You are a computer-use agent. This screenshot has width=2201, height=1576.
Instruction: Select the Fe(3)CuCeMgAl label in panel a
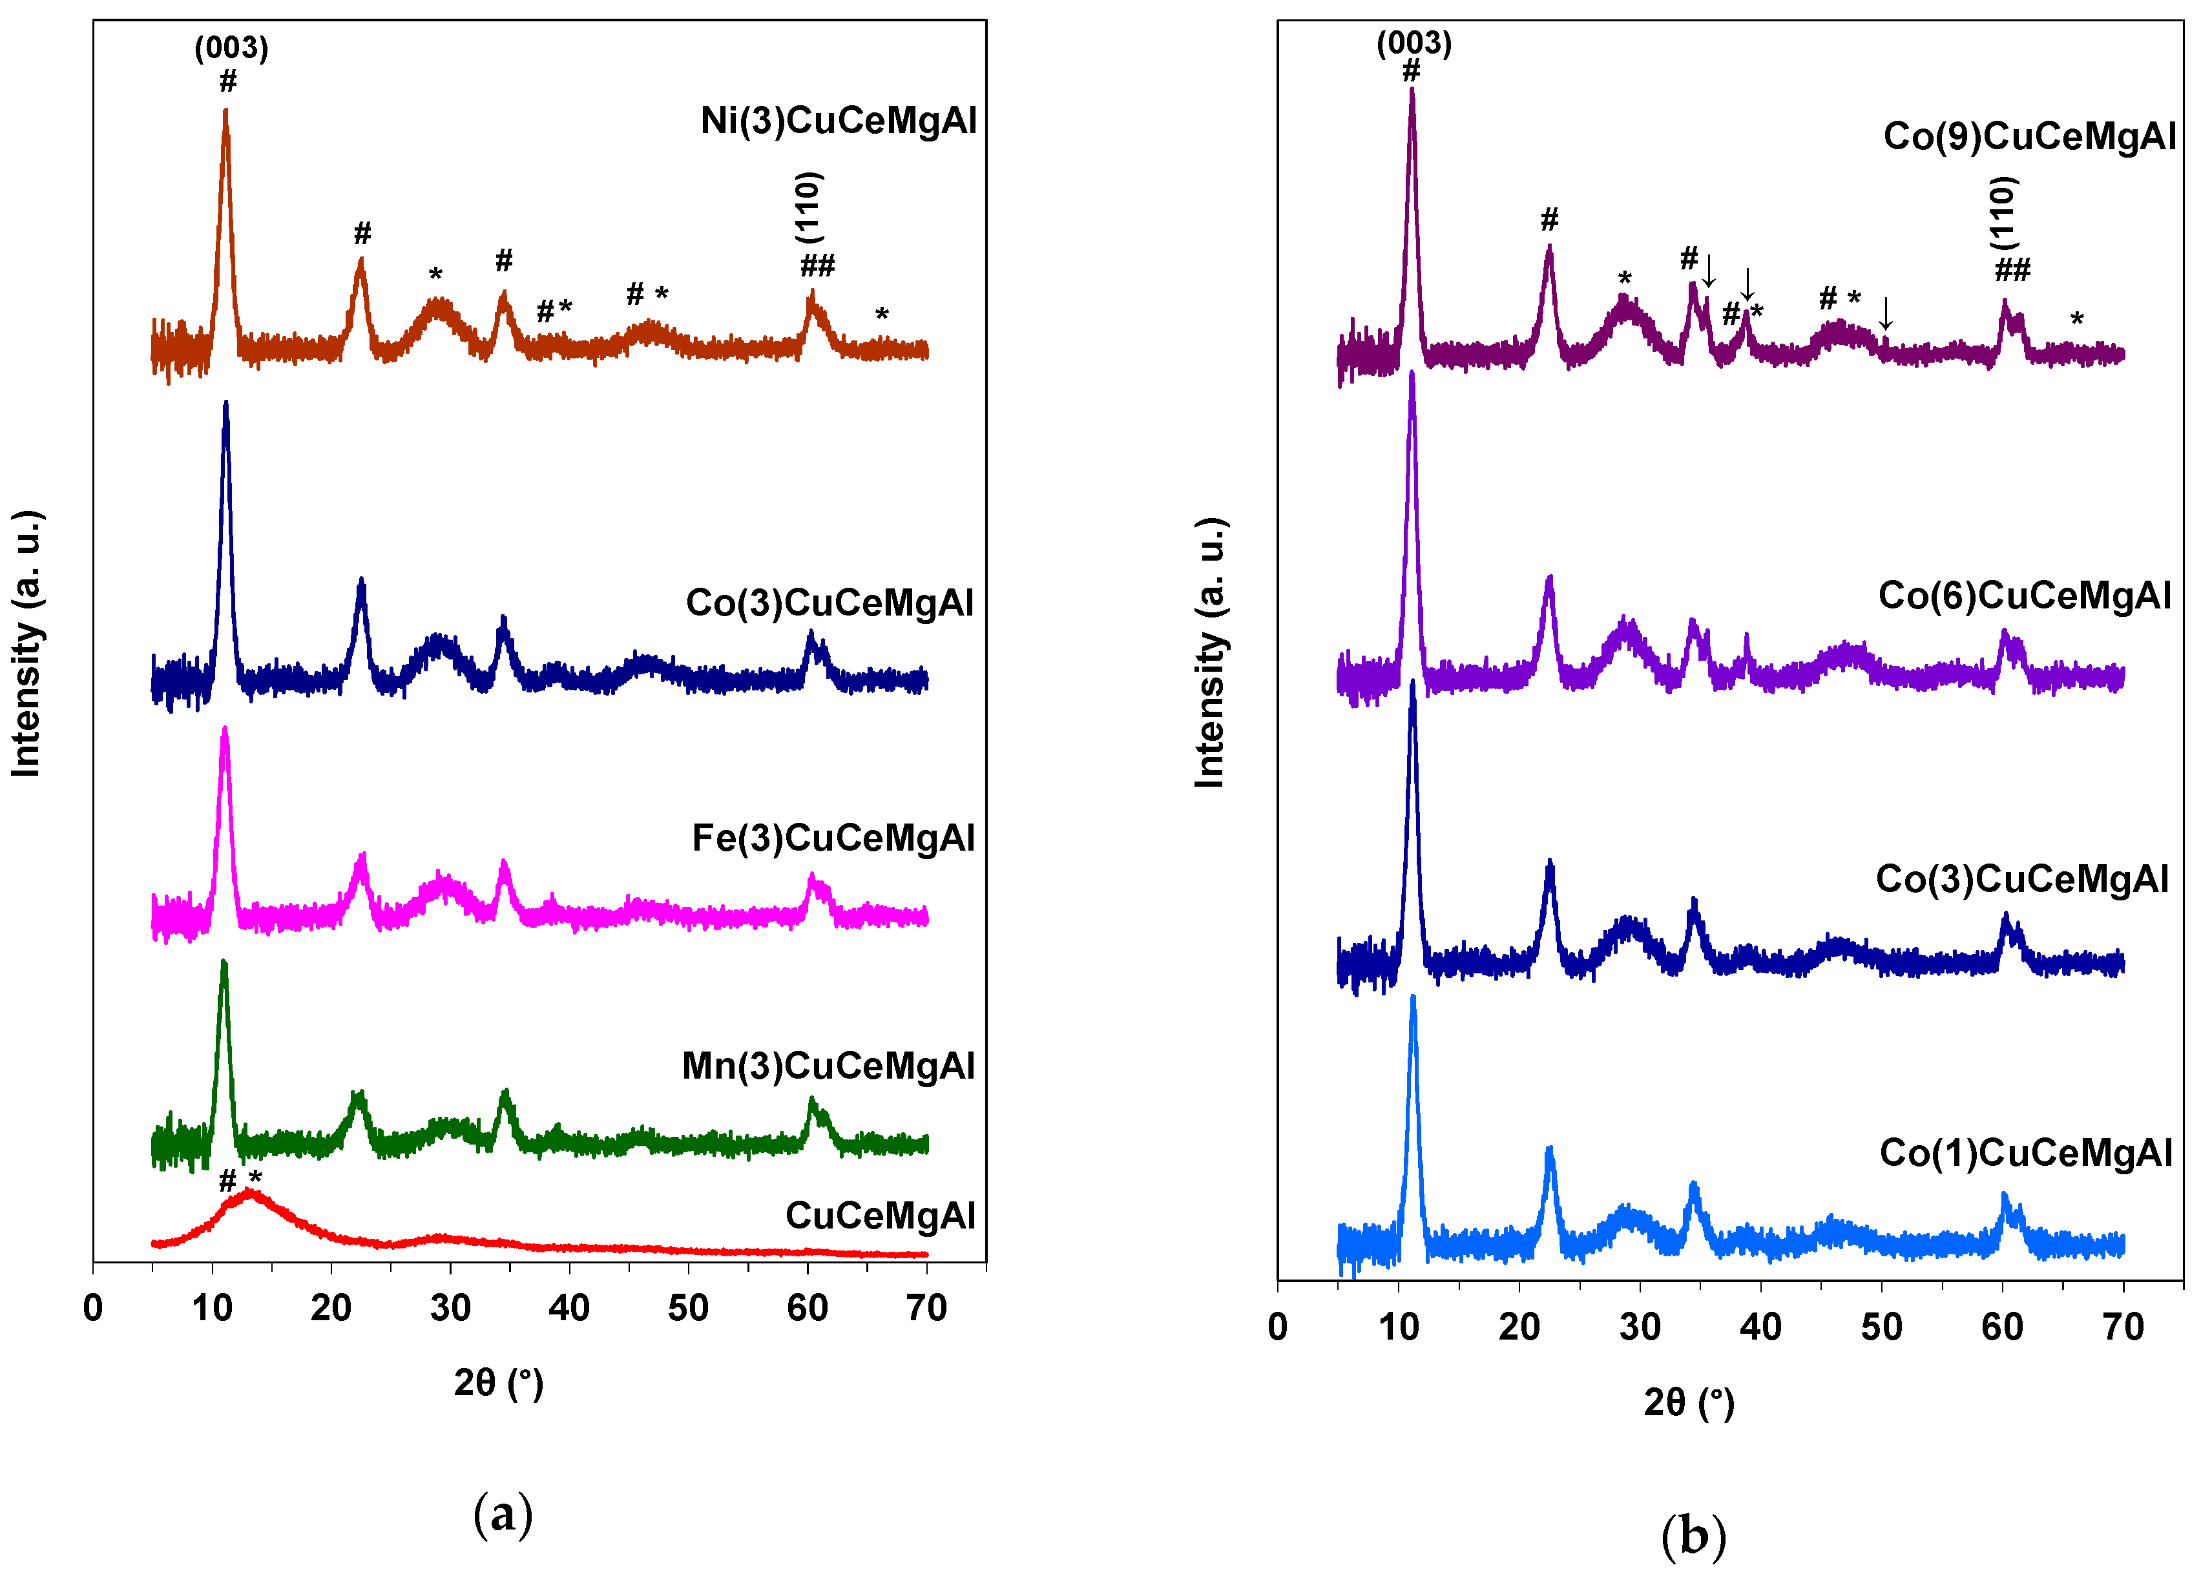click(x=833, y=838)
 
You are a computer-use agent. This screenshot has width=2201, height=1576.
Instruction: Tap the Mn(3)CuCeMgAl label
click(x=828, y=1066)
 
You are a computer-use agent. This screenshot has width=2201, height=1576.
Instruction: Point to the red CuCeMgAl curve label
click(x=879, y=1215)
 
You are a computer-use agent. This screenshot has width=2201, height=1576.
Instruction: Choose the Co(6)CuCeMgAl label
click(x=2025, y=595)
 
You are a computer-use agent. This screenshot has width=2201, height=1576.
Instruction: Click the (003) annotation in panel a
click(x=231, y=48)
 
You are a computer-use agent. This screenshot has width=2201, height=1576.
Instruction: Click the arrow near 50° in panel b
click(x=1884, y=313)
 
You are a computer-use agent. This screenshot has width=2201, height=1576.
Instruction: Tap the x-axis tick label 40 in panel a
click(x=569, y=1308)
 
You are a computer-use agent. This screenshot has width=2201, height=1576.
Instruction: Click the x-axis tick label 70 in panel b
click(x=2122, y=1327)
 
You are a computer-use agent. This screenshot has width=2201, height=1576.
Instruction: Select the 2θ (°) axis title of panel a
click(x=498, y=1382)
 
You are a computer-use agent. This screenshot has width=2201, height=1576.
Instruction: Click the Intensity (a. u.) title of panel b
click(x=1209, y=652)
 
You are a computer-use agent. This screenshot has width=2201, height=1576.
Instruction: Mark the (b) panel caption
click(x=1693, y=1536)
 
